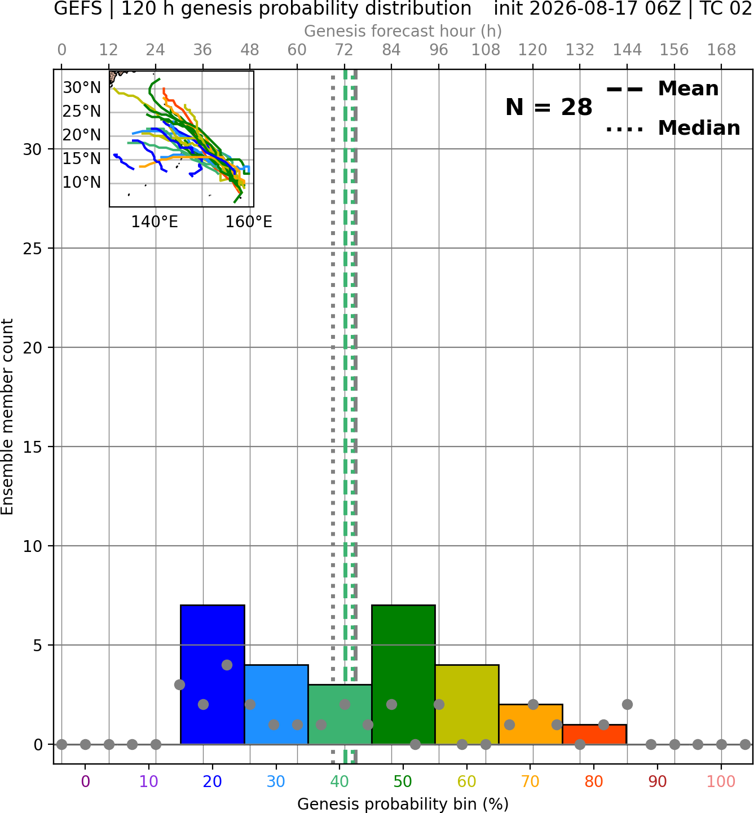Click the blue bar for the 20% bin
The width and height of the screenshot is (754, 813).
click(213, 674)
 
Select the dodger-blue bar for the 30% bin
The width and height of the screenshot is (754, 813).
click(276, 704)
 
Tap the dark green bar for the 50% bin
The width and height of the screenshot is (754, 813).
click(403, 674)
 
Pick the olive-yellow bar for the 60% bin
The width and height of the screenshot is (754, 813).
click(467, 704)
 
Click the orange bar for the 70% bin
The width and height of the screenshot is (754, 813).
click(531, 724)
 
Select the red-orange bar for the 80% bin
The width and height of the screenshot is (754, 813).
click(594, 734)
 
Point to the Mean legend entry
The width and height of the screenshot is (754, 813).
click(662, 89)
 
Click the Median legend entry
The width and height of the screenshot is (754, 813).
click(673, 128)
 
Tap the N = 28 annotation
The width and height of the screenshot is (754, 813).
click(549, 107)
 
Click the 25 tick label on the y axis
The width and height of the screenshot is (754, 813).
click(32, 249)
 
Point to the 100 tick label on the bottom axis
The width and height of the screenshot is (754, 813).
click(721, 781)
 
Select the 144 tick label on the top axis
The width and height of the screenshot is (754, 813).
click(627, 50)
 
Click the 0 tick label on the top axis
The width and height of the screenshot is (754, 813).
click(62, 50)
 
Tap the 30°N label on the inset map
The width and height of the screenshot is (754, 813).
click(82, 87)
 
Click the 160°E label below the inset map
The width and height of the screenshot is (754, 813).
click(249, 222)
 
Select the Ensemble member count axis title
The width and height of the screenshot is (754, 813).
click(7, 417)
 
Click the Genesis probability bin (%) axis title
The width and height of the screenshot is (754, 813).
click(403, 804)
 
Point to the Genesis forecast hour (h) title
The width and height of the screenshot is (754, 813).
click(403, 31)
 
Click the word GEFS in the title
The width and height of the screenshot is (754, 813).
click(78, 8)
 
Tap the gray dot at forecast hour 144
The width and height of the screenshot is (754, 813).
click(627, 704)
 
